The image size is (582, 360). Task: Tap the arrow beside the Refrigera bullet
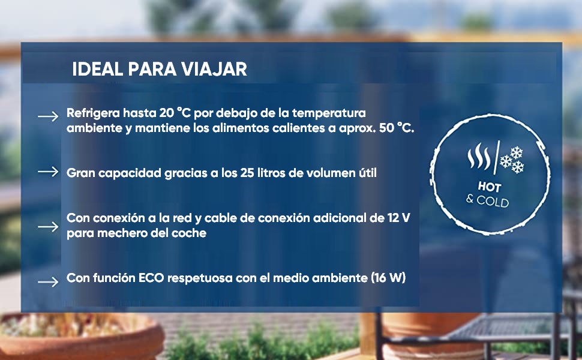point(48,116)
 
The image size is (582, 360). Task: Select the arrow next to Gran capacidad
point(48,172)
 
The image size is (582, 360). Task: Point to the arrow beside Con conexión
point(48,226)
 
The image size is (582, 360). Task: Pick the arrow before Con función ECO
point(48,281)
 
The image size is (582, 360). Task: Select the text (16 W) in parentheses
point(388,278)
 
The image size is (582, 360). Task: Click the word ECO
point(151,278)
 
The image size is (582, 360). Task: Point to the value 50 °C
point(397,128)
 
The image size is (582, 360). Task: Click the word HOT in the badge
point(490,187)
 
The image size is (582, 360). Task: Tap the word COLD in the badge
point(493,202)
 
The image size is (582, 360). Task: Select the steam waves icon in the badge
point(479,157)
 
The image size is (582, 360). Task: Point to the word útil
point(367,173)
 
